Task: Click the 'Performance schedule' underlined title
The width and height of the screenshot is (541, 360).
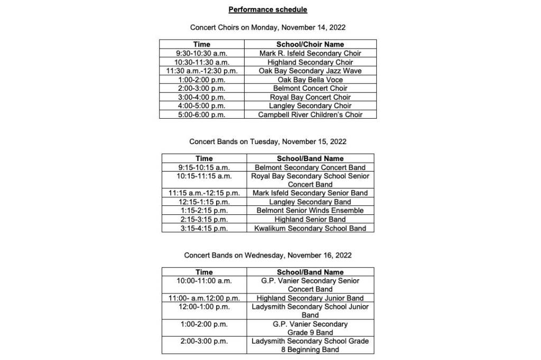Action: pos(267,10)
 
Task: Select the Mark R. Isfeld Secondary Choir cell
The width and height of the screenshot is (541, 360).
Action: pos(310,53)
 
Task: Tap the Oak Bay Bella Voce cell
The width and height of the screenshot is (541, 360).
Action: pos(310,80)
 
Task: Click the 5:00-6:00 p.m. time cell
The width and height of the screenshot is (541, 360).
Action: pos(201,115)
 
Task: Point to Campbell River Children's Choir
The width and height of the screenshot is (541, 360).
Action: pos(310,115)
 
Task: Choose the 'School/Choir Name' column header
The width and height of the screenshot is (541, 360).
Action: pos(310,44)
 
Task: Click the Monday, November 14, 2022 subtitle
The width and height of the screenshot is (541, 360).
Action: pos(267,27)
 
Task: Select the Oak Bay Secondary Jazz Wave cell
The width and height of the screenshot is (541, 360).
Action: pos(310,71)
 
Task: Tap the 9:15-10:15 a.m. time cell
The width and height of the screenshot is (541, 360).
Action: pos(204,167)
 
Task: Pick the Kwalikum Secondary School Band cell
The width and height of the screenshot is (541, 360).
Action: pos(310,228)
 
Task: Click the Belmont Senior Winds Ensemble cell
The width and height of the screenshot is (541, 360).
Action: pos(310,211)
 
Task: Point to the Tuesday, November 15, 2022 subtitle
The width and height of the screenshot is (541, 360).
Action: pos(267,141)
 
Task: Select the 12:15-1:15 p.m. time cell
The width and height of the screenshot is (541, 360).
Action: pos(204,202)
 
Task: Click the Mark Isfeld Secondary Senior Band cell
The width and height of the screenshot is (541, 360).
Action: pos(310,193)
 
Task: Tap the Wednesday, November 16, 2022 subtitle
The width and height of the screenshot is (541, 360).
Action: pos(267,255)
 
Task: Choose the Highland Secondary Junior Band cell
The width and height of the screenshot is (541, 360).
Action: pos(310,298)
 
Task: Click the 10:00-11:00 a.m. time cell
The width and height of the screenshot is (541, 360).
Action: pos(204,281)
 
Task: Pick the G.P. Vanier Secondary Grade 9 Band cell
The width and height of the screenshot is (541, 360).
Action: pos(310,328)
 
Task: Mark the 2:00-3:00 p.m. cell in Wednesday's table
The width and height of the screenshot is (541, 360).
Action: pos(204,341)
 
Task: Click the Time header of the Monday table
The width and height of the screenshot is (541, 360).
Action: pos(201,44)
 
